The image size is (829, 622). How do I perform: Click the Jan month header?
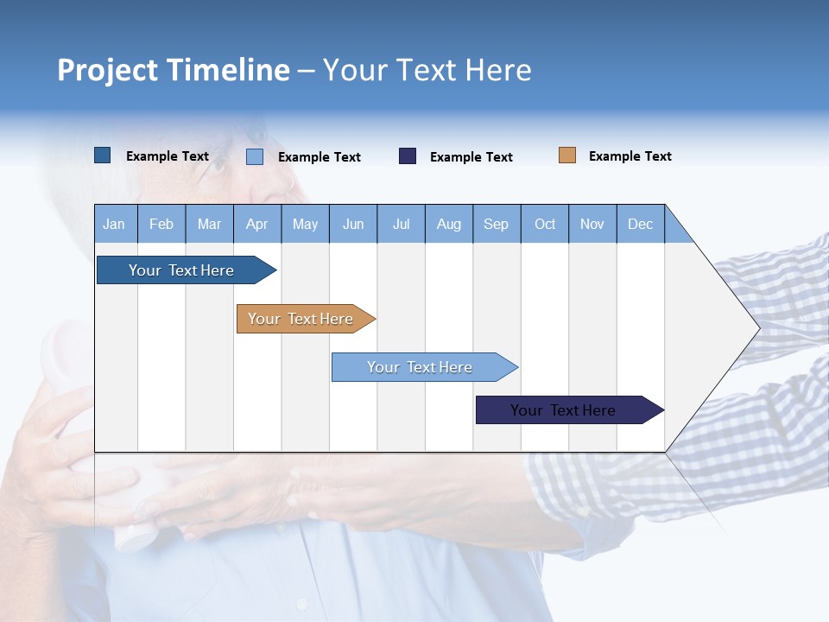(115, 224)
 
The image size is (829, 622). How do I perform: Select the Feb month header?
(161, 224)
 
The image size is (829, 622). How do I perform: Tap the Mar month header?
(209, 224)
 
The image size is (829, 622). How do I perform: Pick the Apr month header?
(257, 224)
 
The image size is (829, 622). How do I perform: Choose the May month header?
(305, 224)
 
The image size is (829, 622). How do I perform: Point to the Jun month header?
(353, 224)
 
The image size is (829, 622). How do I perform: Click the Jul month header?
(401, 224)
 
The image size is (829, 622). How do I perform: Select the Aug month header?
(449, 224)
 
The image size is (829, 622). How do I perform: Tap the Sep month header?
(497, 224)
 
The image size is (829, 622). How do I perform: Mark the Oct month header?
(545, 224)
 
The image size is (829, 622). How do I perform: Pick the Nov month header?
(592, 224)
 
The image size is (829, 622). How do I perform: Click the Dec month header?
(641, 224)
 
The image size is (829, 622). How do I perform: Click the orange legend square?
(567, 155)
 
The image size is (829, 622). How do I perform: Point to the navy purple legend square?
(408, 155)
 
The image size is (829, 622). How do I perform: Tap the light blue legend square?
(255, 156)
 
